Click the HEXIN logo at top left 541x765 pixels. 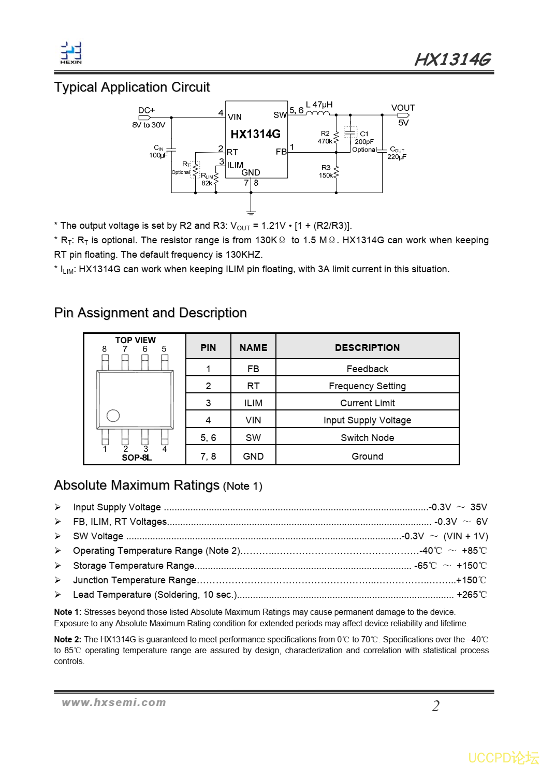(71, 53)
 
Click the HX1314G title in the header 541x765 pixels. (452, 60)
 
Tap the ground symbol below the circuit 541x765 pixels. (251, 212)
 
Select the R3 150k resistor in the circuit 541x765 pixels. (336, 172)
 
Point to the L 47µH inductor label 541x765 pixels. (319, 105)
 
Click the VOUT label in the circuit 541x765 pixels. (403, 108)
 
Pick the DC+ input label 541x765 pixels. (147, 110)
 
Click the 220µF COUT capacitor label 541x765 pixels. (397, 156)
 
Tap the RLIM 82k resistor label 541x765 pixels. (207, 180)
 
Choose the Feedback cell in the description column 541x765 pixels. (367, 369)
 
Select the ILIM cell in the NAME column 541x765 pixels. (253, 403)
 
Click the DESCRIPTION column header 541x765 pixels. (367, 347)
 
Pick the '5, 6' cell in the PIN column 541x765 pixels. (208, 437)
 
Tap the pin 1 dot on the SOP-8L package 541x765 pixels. (113, 416)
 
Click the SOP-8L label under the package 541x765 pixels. (137, 458)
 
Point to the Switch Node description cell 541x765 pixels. (367, 437)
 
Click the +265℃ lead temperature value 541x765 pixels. (471, 595)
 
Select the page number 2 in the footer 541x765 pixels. (436, 706)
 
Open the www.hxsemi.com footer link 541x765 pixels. (114, 702)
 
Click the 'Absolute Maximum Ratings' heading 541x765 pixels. (137, 485)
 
